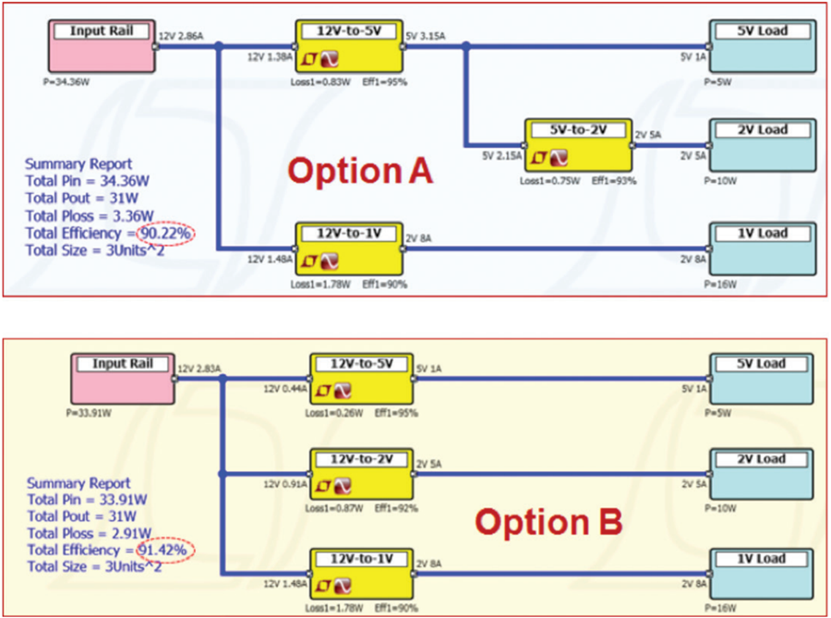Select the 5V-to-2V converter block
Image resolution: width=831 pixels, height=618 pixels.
(579, 144)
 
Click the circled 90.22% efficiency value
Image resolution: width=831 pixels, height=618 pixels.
(166, 233)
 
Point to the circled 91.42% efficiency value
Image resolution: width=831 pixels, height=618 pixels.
(167, 551)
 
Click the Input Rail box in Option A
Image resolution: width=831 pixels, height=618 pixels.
(102, 47)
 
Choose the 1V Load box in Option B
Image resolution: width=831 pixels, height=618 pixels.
(763, 574)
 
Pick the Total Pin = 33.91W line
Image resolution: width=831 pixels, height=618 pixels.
(89, 500)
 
